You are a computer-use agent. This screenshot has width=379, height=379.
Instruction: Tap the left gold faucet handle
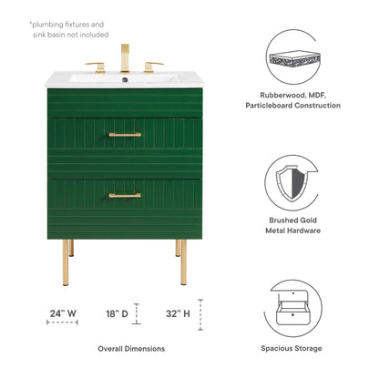[x=96, y=67]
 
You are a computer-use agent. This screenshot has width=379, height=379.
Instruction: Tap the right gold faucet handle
[x=154, y=67]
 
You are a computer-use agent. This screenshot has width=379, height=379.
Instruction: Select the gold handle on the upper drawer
[x=125, y=135]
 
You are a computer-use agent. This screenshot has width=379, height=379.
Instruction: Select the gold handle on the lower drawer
[x=125, y=195]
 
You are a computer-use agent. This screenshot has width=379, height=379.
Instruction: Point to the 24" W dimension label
[x=63, y=313]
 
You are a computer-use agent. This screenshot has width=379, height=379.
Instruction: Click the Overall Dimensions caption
[x=131, y=349]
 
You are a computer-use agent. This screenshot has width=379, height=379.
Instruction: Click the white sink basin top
[x=126, y=80]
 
